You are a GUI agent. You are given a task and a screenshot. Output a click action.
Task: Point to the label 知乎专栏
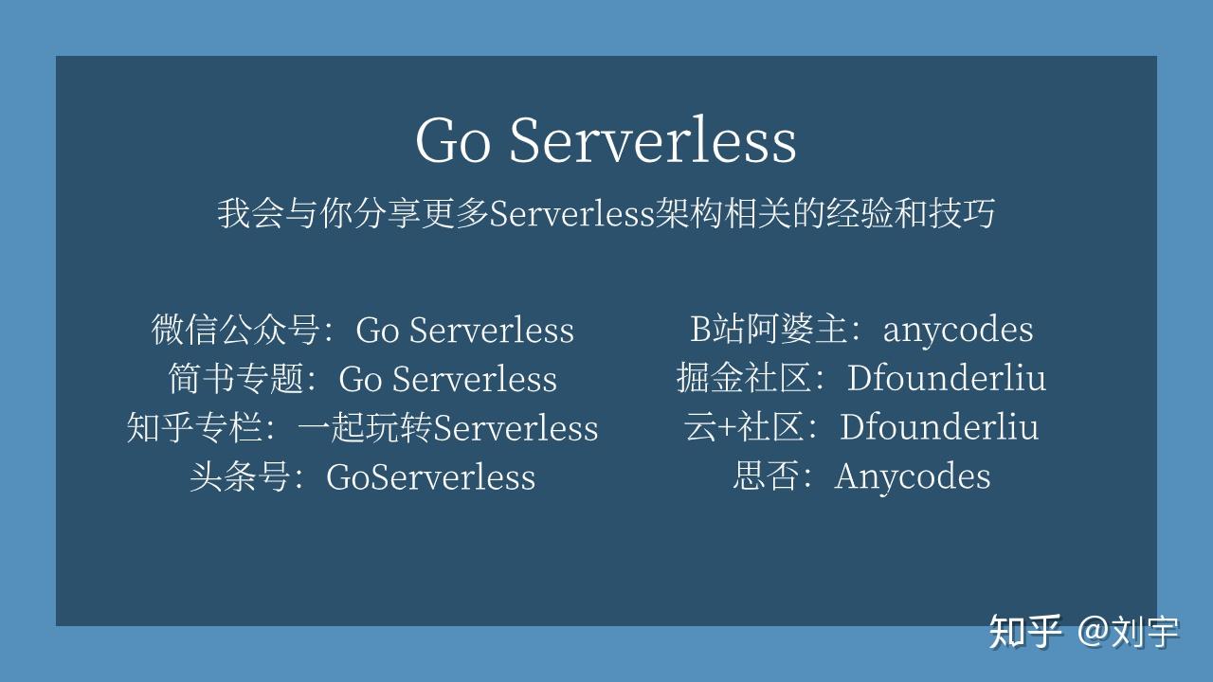click(195, 428)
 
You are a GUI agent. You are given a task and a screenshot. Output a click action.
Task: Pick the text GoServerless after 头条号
click(430, 476)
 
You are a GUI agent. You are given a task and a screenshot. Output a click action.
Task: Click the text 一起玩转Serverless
click(447, 428)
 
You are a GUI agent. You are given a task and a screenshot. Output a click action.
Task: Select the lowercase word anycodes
click(957, 330)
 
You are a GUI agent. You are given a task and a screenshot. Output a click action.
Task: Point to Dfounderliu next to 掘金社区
click(946, 379)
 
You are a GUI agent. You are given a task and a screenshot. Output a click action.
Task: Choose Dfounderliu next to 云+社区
click(938, 427)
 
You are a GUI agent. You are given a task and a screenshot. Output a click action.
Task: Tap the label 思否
click(768, 476)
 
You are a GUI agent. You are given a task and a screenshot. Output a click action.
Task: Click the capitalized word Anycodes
click(912, 476)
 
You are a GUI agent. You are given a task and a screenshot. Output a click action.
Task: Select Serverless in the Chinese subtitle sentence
click(572, 214)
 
